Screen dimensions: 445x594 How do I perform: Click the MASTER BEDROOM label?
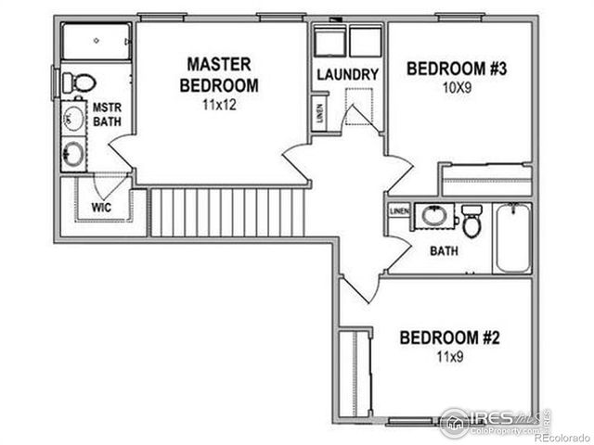(x=219, y=74)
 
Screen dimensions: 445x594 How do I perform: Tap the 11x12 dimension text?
(x=219, y=105)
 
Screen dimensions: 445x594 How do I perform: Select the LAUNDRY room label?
(x=347, y=75)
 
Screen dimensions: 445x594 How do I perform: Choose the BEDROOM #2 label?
(x=450, y=337)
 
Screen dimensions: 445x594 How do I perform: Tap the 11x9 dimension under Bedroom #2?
(x=450, y=356)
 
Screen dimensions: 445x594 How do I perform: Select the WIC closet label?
(x=102, y=207)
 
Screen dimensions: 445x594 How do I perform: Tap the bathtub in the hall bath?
(x=512, y=238)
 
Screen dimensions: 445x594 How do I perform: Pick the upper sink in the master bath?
(x=74, y=118)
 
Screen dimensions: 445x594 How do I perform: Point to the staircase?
(x=228, y=212)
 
